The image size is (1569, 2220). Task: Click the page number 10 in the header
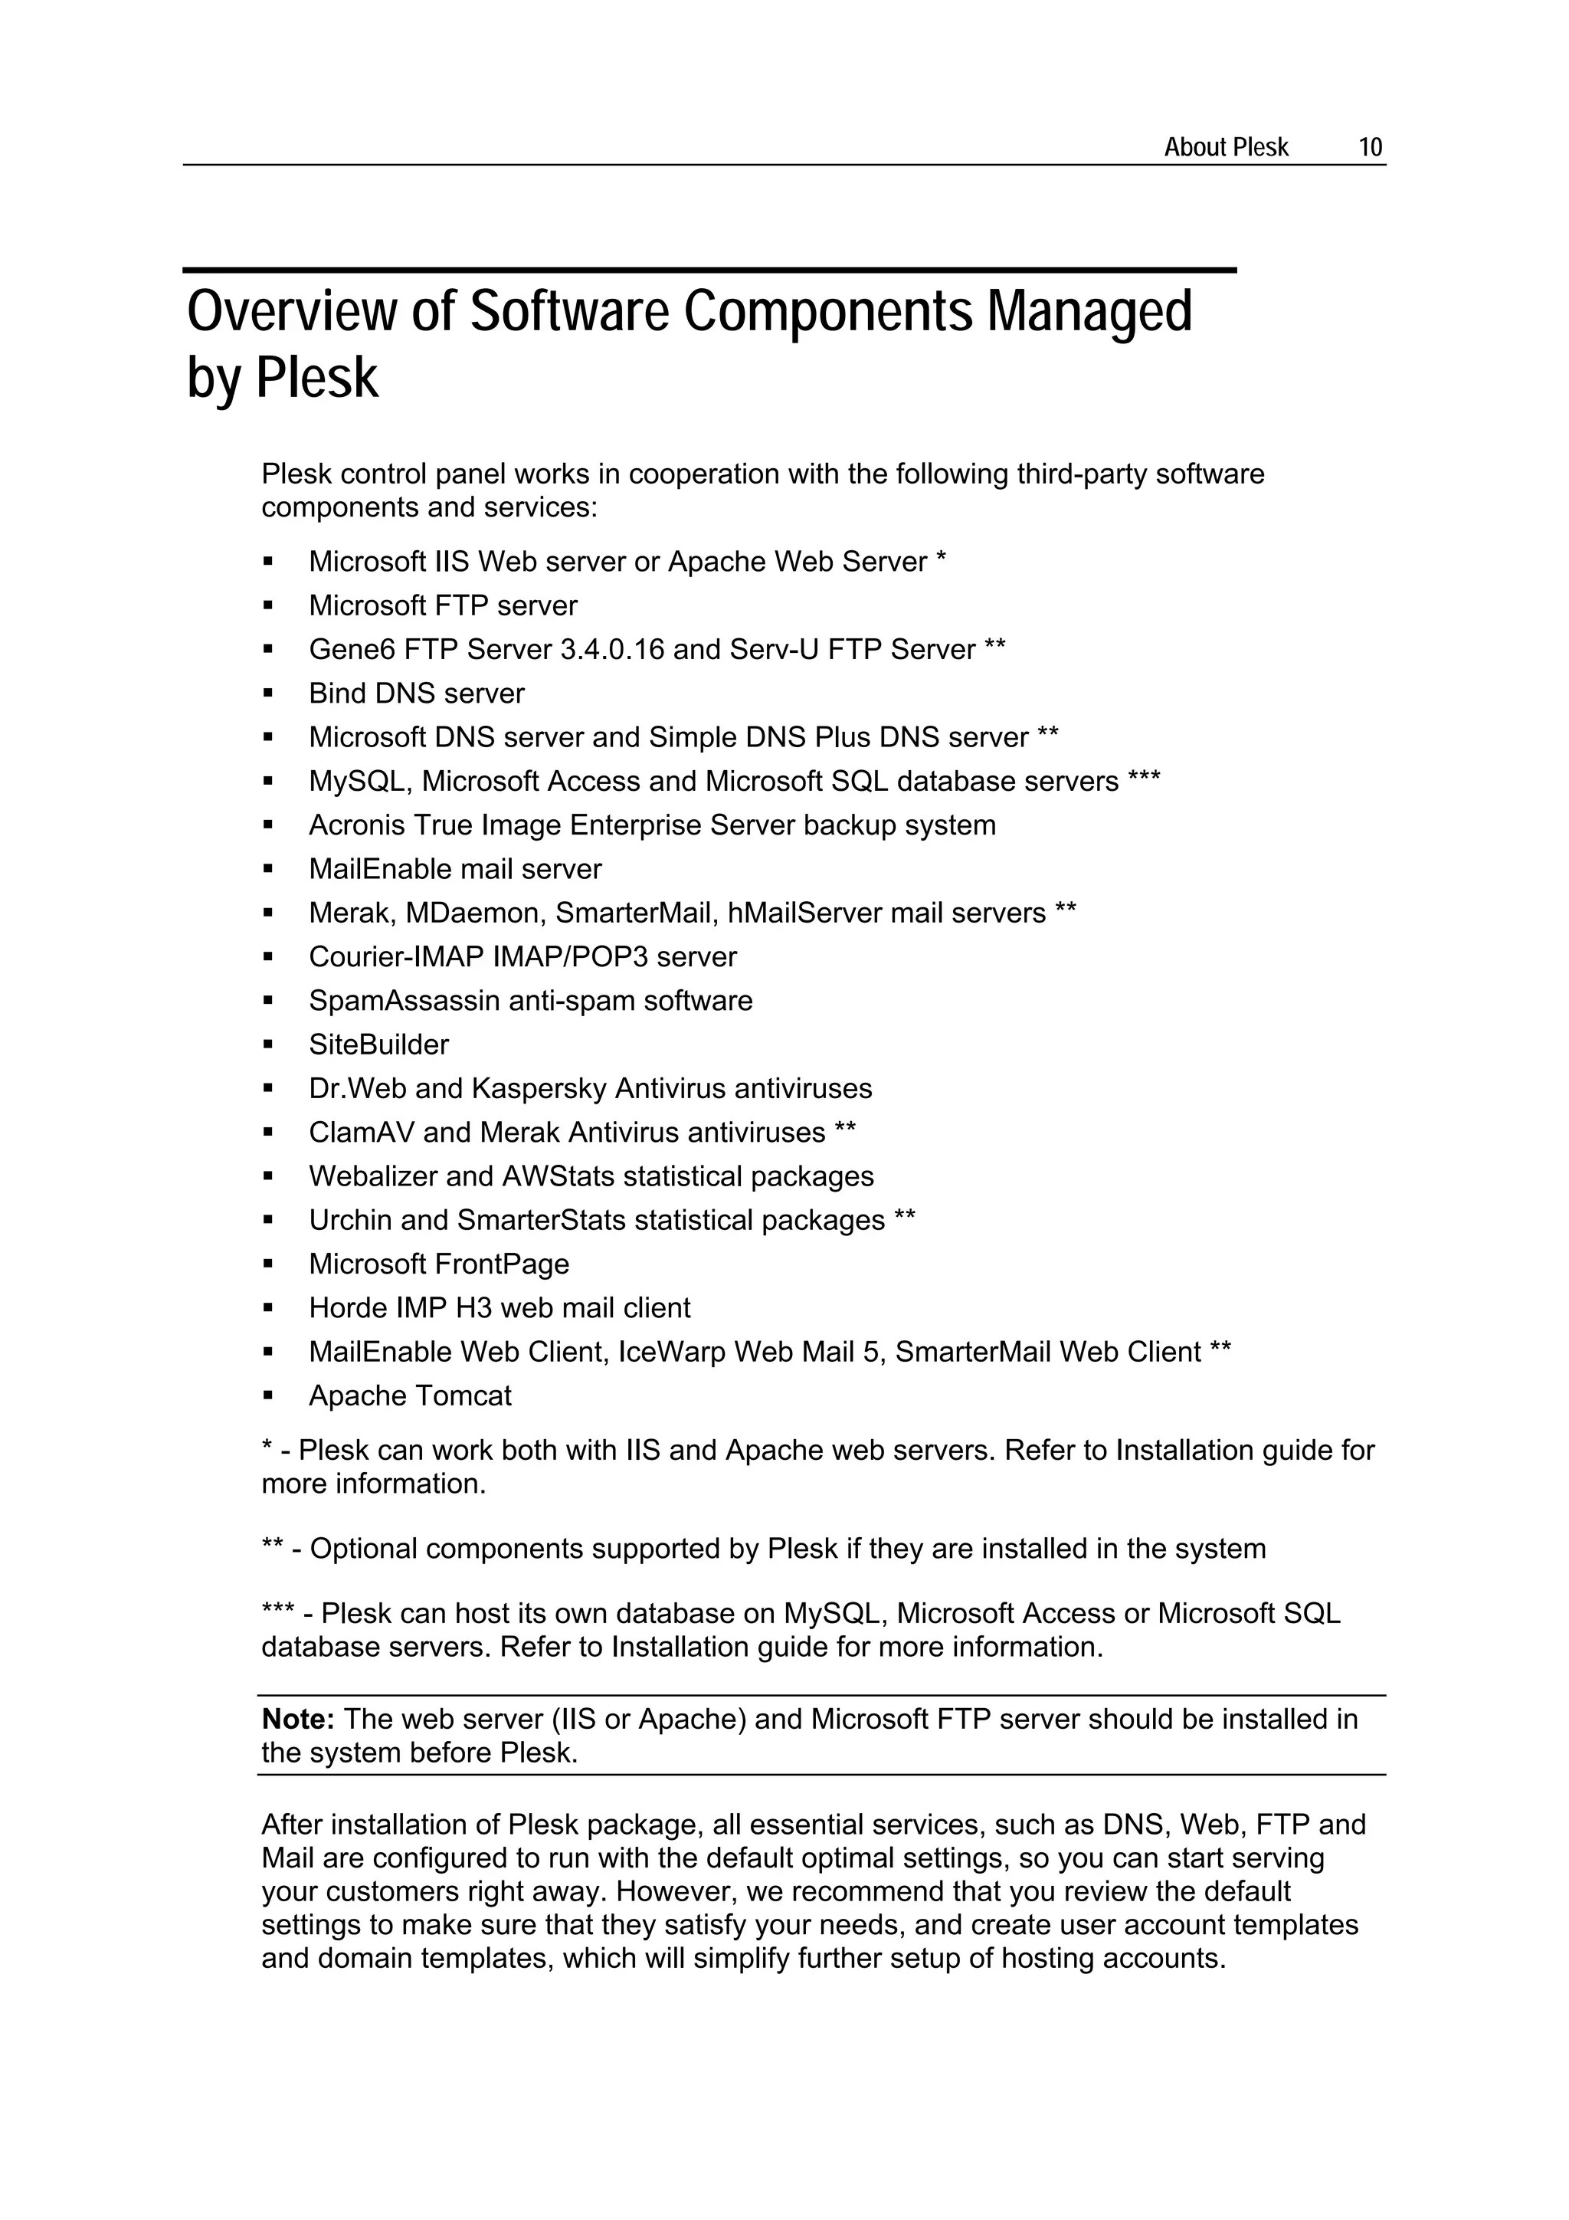1370,147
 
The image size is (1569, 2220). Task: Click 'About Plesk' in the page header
1225,147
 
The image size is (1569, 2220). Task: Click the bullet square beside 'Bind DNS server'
269,694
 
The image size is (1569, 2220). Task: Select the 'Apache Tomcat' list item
410,1396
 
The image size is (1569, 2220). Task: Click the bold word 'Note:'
298,1719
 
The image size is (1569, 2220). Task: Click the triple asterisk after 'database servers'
1144,779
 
